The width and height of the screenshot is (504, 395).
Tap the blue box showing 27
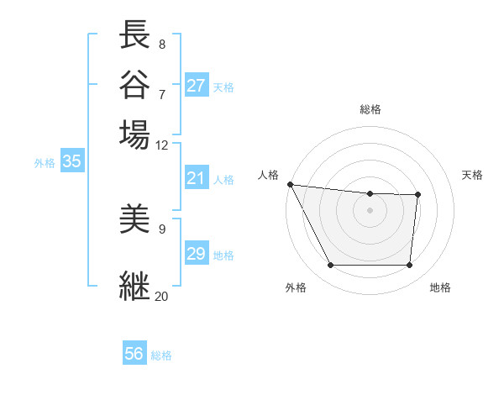197,86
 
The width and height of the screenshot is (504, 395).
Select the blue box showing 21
197,178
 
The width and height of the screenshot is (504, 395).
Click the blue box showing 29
197,254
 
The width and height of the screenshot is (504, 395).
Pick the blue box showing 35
71,162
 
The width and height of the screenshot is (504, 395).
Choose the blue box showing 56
134,354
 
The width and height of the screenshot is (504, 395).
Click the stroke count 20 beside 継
161,296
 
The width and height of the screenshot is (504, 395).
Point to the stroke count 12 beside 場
161,145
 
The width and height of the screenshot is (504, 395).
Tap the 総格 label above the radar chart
370,109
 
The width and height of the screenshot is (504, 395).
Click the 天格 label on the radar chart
473,175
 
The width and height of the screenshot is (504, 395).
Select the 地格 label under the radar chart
440,287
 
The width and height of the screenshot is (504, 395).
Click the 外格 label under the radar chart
296,287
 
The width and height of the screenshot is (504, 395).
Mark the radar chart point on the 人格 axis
290,184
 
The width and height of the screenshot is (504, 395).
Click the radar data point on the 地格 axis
409,266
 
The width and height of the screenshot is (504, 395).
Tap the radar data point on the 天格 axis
417,195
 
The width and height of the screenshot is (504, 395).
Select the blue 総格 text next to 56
161,355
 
